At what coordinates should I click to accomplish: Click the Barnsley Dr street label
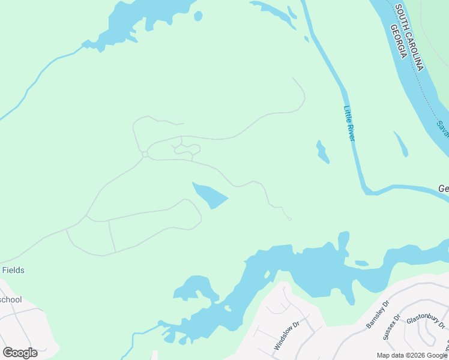(378, 314)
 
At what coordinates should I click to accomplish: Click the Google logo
(20, 352)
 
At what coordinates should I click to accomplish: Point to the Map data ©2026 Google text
(412, 355)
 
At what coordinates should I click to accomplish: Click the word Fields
(13, 271)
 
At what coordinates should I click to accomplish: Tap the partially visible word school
(10, 299)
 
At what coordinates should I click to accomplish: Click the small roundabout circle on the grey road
(145, 155)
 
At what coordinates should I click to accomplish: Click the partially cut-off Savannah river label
(442, 127)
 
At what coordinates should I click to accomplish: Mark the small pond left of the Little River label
(322, 152)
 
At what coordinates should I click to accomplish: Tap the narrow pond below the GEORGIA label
(401, 144)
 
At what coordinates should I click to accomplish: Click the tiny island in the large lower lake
(361, 263)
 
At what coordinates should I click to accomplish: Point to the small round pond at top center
(199, 16)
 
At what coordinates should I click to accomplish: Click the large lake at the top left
(138, 21)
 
